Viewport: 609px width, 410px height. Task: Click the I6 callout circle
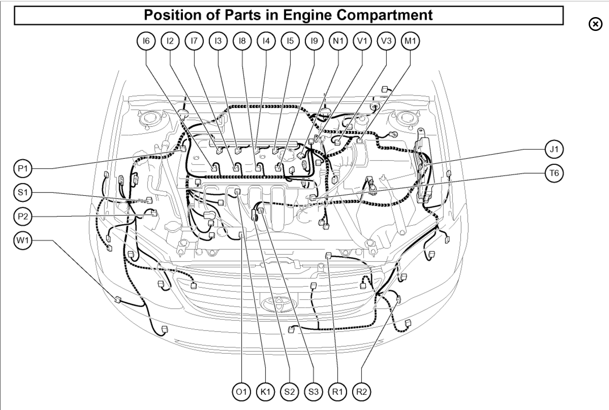tap(146, 42)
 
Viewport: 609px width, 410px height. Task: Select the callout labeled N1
tap(338, 42)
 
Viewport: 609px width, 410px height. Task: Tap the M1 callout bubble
tap(410, 42)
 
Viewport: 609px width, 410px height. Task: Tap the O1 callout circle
tap(241, 392)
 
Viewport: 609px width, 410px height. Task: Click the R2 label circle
tap(361, 392)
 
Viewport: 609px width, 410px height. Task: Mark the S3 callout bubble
tap(313, 392)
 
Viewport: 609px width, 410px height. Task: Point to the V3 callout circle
tap(386, 42)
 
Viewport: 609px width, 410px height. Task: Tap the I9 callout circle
tap(314, 42)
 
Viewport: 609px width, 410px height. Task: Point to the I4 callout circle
tap(266, 42)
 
